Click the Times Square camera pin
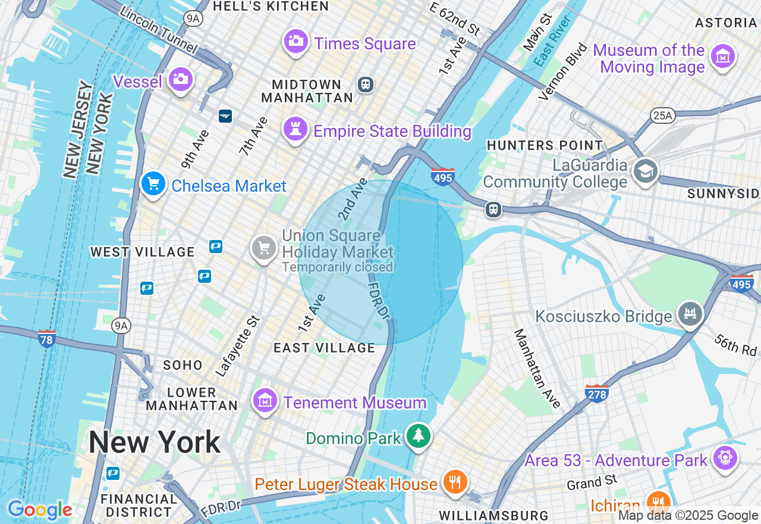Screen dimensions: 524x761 295,41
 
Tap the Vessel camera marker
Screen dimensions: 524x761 180,79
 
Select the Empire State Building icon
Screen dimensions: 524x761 295,129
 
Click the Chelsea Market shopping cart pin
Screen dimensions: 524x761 153,184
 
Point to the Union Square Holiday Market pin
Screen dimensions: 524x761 263,247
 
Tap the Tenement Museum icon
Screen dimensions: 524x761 265,400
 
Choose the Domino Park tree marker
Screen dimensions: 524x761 419,436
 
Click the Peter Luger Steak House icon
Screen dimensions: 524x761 455,481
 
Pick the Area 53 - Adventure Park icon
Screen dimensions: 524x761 726,458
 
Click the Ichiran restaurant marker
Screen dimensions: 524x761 658,502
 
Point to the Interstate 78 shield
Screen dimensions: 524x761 46,338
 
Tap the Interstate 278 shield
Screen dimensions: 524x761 597,393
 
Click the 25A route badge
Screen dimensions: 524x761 662,116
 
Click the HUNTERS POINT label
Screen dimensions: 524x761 545,145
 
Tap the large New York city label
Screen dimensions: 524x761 155,443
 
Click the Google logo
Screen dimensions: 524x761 40,510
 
